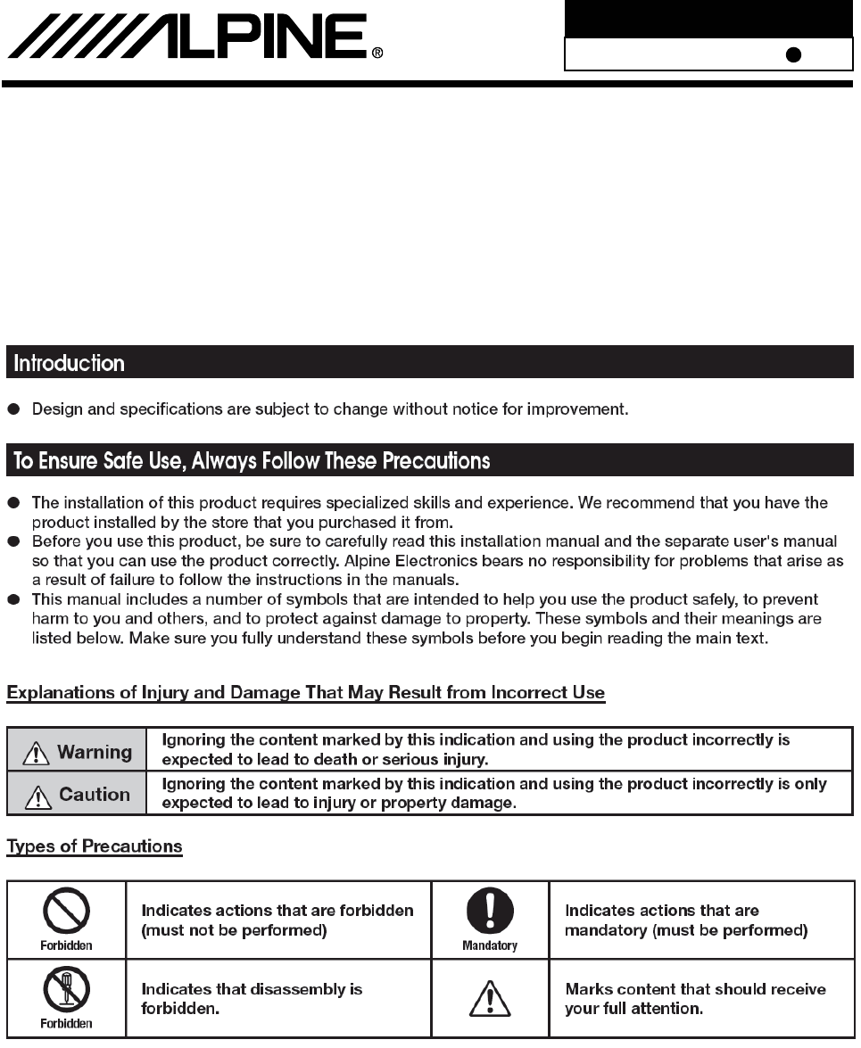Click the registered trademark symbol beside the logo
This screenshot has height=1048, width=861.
pos(377,53)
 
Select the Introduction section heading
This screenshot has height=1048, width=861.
pos(68,364)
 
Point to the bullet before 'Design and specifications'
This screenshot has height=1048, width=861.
pos(14,409)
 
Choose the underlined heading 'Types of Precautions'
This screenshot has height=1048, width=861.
pos(95,846)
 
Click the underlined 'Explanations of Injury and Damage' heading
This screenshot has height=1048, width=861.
pos(306,692)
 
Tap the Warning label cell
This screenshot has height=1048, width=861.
pos(77,752)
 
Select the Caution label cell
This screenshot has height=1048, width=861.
pos(77,794)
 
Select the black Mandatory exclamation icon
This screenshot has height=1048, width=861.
pos(490,912)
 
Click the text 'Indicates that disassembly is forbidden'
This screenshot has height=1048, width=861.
pos(253,997)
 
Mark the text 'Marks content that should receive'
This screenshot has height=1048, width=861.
pos(695,989)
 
